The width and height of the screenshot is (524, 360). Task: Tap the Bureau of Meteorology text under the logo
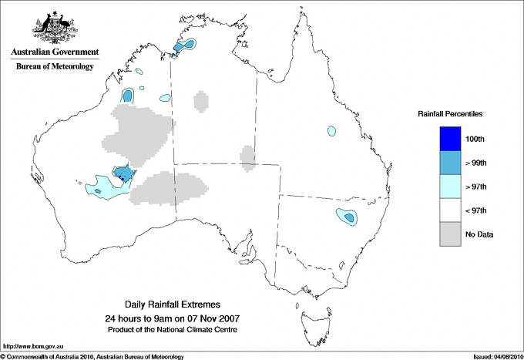(54, 66)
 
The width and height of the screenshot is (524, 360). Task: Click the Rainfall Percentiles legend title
(450, 114)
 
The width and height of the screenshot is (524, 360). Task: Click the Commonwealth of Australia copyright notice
(92, 355)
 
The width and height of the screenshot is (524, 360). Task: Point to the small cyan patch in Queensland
(331, 130)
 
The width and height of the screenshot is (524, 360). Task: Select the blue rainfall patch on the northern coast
(183, 46)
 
